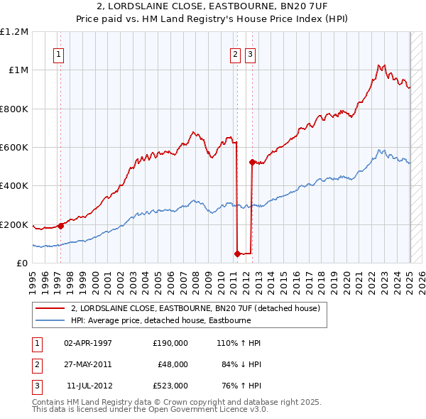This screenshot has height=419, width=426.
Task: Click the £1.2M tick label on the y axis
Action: (x=14, y=32)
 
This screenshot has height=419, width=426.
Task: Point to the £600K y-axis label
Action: (x=14, y=148)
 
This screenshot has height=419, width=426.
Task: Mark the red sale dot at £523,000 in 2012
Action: (x=252, y=162)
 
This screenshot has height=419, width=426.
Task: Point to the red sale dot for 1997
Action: (x=60, y=227)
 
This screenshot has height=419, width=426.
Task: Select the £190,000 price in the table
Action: (x=170, y=342)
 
